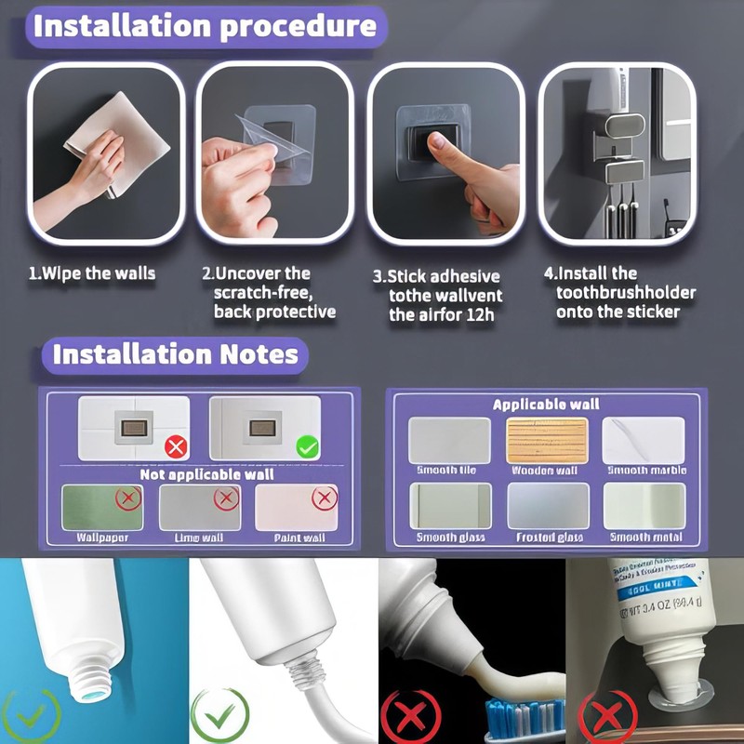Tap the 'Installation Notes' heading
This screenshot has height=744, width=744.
click(x=175, y=354)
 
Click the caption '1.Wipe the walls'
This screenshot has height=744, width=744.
click(x=90, y=273)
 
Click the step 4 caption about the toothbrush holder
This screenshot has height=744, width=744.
click(x=618, y=292)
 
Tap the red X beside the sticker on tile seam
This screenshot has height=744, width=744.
click(x=176, y=447)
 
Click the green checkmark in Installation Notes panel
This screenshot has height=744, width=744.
click(x=308, y=447)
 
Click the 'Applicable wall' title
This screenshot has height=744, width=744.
click(x=545, y=405)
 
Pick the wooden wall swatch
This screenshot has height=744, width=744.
click(x=547, y=440)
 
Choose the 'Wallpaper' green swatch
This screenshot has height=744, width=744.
click(x=103, y=506)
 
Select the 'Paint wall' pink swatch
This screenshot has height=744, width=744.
click(x=298, y=506)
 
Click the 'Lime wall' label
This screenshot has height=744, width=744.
click(x=200, y=537)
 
